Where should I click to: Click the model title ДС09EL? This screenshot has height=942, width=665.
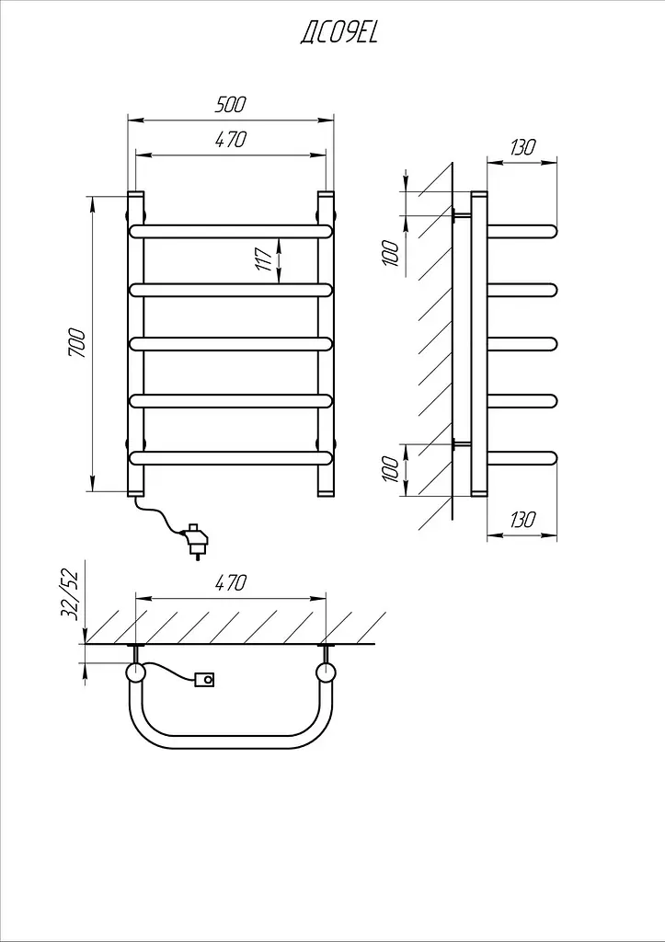pyautogui.click(x=338, y=33)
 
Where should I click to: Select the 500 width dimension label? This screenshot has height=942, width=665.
pyautogui.click(x=231, y=105)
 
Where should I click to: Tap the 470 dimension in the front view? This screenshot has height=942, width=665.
pyautogui.click(x=231, y=140)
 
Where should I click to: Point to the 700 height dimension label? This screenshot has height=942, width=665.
pyautogui.click(x=77, y=343)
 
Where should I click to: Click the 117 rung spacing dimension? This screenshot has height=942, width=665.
pyautogui.click(x=265, y=258)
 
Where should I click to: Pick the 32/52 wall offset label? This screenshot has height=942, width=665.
pyautogui.click(x=70, y=595)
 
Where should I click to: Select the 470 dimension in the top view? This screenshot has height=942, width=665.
pyautogui.click(x=231, y=582)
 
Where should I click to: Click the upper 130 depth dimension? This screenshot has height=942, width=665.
pyautogui.click(x=522, y=147)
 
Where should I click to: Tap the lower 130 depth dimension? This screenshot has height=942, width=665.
pyautogui.click(x=522, y=520)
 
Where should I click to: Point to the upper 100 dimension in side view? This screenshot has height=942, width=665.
pyautogui.click(x=391, y=254)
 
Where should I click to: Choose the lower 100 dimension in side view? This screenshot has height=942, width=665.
pyautogui.click(x=391, y=469)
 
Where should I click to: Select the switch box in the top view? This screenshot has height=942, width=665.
pyautogui.click(x=204, y=680)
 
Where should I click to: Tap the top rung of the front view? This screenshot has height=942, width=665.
pyautogui.click(x=231, y=232)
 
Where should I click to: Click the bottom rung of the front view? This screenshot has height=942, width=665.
pyautogui.click(x=231, y=458)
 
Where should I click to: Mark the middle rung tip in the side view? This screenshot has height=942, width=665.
pyautogui.click(x=553, y=344)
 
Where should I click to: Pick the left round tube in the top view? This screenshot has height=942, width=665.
pyautogui.click(x=135, y=672)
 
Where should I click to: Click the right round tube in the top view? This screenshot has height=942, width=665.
pyautogui.click(x=327, y=672)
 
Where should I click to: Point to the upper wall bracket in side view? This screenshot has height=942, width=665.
pyautogui.click(x=462, y=215)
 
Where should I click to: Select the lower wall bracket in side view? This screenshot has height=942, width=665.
pyautogui.click(x=462, y=444)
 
